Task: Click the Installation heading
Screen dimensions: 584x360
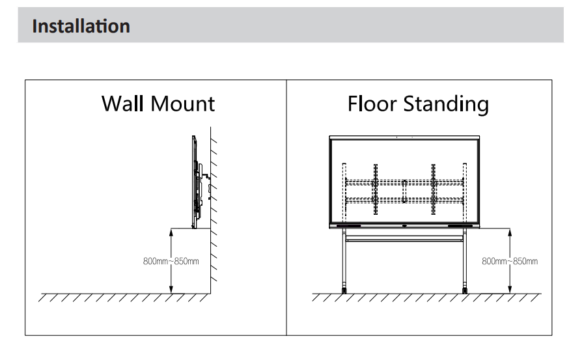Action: click(x=81, y=26)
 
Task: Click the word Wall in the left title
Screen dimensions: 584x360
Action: click(x=122, y=104)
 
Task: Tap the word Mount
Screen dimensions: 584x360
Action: click(x=183, y=104)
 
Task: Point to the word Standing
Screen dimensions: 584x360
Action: click(x=446, y=104)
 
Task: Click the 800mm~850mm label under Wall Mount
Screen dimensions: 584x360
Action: click(x=171, y=261)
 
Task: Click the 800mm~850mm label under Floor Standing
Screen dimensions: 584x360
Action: click(x=510, y=261)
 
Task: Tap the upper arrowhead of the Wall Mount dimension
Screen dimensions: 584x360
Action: click(x=171, y=232)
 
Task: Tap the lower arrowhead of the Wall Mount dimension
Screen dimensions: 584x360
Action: click(x=171, y=289)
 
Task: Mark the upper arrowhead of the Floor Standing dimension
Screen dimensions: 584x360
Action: click(x=510, y=232)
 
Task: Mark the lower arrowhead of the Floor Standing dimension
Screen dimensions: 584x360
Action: click(x=510, y=289)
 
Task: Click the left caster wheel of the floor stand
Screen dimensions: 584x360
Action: click(x=344, y=290)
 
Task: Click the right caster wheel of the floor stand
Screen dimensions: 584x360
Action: click(x=464, y=290)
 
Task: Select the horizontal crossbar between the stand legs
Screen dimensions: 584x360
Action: click(x=404, y=239)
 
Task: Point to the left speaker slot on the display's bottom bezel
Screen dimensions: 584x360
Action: click(x=348, y=226)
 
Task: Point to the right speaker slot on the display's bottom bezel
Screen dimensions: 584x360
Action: click(x=460, y=226)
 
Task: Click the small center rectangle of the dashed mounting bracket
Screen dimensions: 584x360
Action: click(x=404, y=191)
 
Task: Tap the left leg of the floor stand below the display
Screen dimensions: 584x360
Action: click(x=344, y=258)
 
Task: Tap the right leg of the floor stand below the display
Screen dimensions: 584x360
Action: click(x=464, y=258)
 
